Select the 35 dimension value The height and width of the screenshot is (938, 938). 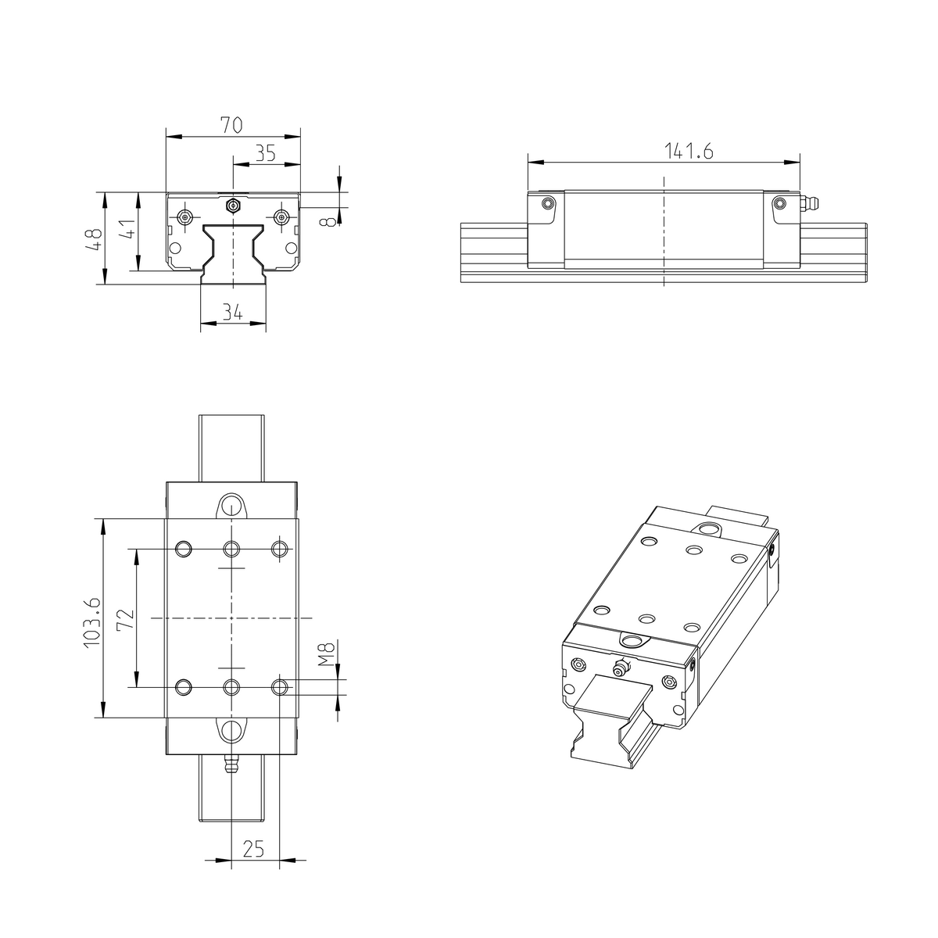pos(266,152)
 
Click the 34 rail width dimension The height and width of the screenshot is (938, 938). pos(231,312)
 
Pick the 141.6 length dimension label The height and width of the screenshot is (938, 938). pos(689,151)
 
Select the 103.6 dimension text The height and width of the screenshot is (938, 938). pos(91,621)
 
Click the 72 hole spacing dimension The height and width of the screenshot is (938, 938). pos(127,618)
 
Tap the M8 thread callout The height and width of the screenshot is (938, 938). pos(328,653)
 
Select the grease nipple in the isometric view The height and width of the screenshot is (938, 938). pos(620,668)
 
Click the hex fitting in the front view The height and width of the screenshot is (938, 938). pos(231,206)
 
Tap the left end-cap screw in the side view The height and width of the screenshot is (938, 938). pos(548,203)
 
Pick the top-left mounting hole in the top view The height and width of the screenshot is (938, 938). pos(184,549)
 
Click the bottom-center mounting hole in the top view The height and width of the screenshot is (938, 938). pos(231,687)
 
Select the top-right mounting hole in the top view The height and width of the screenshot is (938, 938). pos(279,549)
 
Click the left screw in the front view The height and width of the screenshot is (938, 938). pos(184,217)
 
